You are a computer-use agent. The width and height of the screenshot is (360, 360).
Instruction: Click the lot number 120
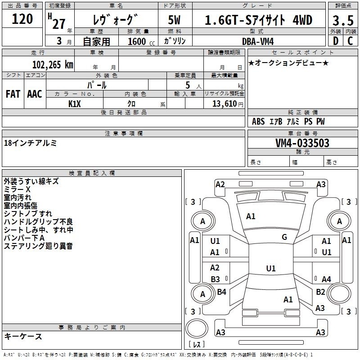22,19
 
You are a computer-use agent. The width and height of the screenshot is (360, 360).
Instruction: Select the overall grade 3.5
343,21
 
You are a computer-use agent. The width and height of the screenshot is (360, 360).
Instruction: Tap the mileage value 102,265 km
53,65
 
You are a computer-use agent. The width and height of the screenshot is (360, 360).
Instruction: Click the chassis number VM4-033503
302,143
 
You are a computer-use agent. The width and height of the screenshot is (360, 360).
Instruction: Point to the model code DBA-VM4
258,41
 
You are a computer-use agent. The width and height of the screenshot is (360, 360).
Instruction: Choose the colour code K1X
75,104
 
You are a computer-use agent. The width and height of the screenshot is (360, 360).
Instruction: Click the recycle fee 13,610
224,104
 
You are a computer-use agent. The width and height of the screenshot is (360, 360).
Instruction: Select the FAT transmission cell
13,94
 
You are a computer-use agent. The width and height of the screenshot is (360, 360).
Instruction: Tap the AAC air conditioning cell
35,94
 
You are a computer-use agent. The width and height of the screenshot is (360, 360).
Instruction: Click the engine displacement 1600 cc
141,41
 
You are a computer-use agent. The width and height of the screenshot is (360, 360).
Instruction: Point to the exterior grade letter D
336,41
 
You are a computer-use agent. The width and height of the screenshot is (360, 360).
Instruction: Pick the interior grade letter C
350,41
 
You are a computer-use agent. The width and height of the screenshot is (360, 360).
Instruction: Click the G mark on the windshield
284,237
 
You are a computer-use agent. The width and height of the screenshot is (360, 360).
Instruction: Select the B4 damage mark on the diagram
221,292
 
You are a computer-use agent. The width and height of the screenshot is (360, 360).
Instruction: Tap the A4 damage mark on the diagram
326,279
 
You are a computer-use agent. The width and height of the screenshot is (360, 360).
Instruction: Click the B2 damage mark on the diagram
320,292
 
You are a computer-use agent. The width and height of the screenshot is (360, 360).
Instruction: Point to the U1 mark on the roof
271,268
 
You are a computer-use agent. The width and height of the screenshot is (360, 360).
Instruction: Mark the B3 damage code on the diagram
215,279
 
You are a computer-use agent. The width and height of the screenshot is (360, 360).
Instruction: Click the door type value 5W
174,20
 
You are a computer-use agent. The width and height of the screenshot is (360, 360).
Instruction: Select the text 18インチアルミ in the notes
30,143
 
